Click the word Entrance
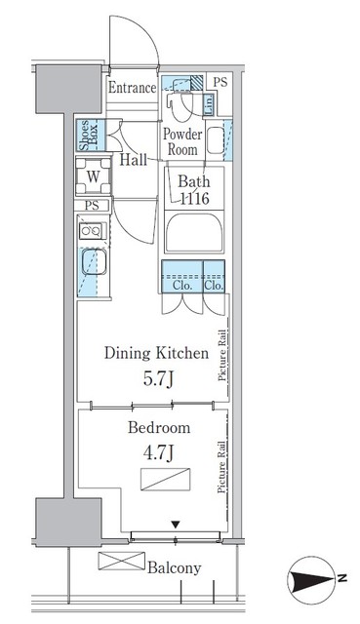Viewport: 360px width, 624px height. [132, 88]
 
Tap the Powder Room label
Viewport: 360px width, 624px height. [181, 142]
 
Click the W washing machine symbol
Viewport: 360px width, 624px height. [92, 176]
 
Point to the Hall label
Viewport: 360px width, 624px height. [135, 161]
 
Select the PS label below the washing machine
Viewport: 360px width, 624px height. [91, 206]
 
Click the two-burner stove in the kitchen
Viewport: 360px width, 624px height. [91, 232]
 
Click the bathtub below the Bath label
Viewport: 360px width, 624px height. [194, 236]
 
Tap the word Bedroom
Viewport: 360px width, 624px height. [157, 427]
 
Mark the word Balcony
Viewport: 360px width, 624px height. [175, 567]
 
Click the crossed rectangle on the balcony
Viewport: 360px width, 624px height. [119, 562]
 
